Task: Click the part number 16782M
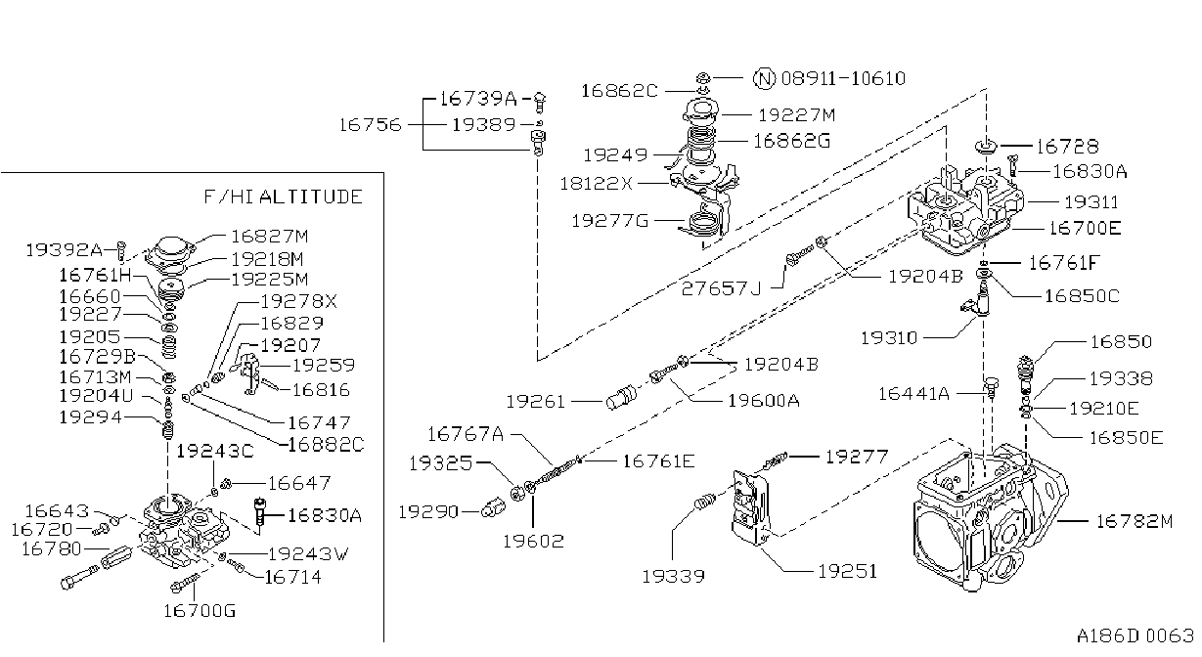(1134, 521)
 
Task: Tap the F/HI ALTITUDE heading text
(284, 197)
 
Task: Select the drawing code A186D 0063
(1135, 635)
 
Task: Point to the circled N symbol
(764, 79)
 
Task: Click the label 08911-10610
(843, 79)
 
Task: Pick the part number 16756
(370, 125)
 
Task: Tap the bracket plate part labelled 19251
(751, 507)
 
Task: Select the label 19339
(673, 577)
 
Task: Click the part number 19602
(533, 542)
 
